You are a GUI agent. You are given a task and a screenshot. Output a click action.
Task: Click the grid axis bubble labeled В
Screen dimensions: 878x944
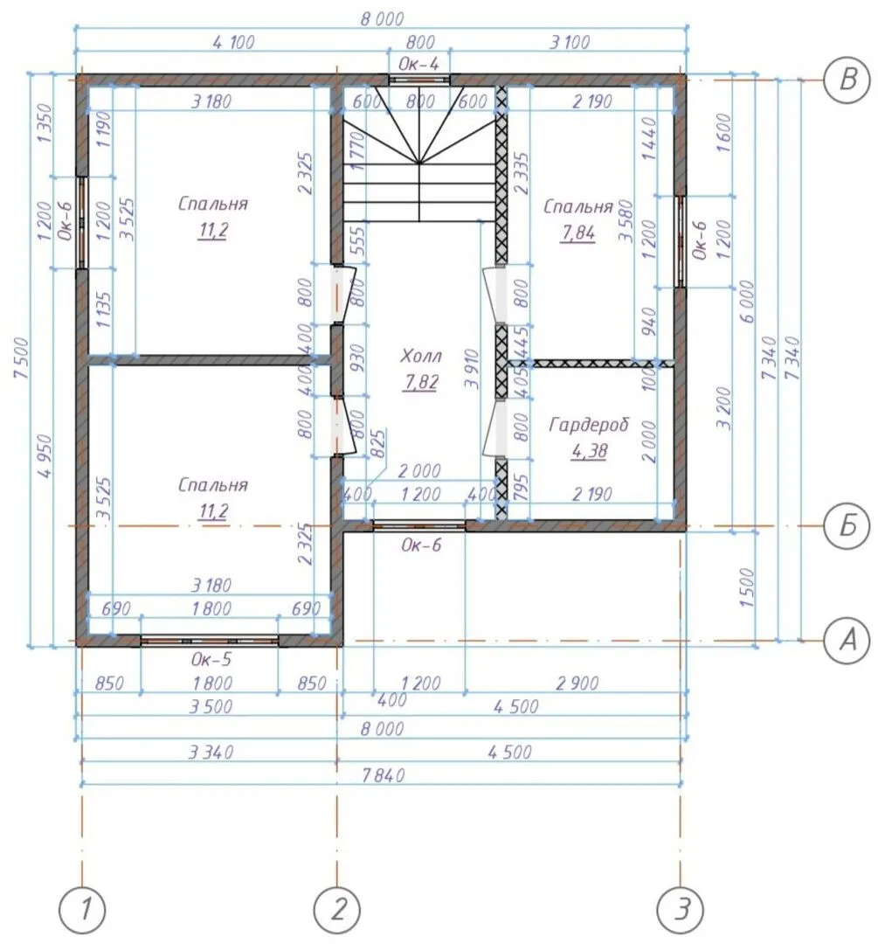coord(847,80)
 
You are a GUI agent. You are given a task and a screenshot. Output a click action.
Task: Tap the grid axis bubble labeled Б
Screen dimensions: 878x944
coord(847,526)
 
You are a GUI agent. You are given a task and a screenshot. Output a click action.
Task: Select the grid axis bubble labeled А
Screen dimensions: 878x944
coord(847,640)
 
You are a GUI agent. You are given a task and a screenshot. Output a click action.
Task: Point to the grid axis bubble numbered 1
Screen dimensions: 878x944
coord(82,908)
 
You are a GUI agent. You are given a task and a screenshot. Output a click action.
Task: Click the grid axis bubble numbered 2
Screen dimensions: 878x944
coord(337,908)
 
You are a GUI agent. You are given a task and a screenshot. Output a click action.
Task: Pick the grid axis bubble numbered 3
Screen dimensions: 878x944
coord(681,908)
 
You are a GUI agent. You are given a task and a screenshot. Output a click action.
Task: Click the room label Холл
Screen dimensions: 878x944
coord(421,356)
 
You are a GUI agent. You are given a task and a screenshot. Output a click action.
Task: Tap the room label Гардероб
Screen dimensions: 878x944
coord(589,425)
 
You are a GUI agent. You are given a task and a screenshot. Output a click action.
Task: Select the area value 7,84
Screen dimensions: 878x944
coord(577,233)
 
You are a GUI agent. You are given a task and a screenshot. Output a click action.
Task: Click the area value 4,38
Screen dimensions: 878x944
coord(589,451)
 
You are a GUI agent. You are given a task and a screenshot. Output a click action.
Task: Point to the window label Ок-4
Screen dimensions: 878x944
coord(418,64)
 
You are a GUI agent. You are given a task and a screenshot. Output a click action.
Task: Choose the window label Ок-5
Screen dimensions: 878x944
coord(211,659)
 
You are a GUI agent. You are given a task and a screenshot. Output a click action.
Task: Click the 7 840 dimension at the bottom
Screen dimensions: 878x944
coord(384,774)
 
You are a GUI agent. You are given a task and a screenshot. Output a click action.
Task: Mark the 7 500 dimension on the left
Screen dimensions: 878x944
coord(20,357)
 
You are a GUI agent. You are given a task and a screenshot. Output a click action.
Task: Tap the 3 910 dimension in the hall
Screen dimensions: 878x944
coord(472,369)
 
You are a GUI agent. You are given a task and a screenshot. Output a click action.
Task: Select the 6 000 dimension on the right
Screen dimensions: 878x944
coord(747,302)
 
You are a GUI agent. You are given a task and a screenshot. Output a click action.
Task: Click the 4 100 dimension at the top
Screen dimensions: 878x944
coord(233,42)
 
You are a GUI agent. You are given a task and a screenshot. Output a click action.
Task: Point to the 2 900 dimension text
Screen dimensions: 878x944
coord(577,684)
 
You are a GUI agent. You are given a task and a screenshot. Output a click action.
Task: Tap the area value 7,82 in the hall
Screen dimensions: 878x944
coord(421,382)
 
